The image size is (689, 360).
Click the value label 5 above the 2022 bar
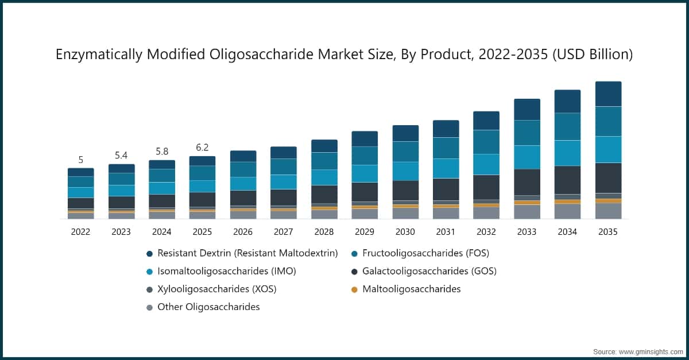(x=80, y=160)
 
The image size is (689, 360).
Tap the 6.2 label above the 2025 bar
(x=202, y=148)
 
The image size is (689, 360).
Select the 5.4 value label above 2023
(x=121, y=156)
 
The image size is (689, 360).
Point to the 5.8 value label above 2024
(x=161, y=152)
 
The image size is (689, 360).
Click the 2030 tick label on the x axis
(x=405, y=232)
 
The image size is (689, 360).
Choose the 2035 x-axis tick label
(x=608, y=232)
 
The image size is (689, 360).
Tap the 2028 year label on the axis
(x=324, y=232)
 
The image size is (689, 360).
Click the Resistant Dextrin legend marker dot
(x=149, y=253)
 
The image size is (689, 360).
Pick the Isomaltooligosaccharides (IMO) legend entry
(x=227, y=271)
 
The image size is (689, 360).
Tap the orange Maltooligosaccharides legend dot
(x=354, y=289)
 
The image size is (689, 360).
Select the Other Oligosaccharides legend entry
(x=208, y=307)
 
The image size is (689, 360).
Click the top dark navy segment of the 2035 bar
(x=608, y=94)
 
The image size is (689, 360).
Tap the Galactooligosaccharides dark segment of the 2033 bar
(x=527, y=182)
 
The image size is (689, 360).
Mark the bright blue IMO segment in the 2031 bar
(x=446, y=168)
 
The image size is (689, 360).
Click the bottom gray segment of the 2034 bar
(x=567, y=211)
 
